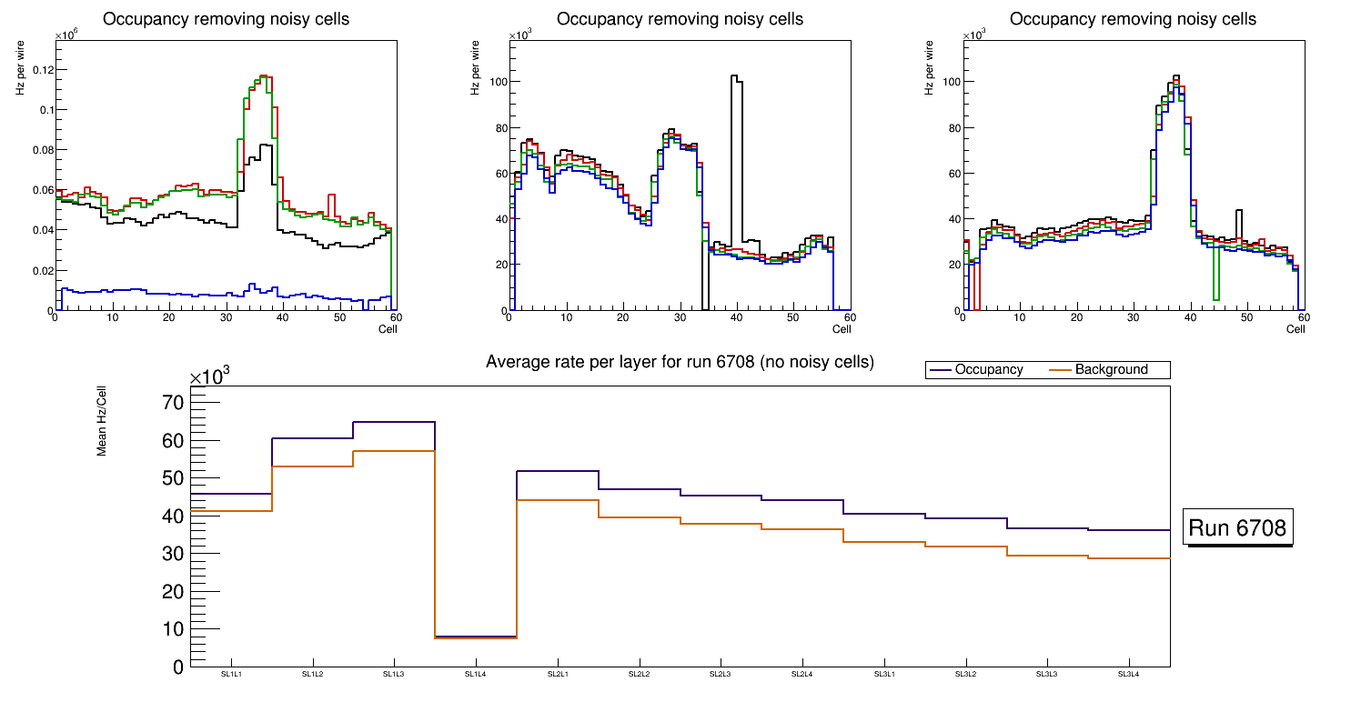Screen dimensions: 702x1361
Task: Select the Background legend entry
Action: click(1111, 370)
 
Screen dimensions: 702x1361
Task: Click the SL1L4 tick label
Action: click(476, 674)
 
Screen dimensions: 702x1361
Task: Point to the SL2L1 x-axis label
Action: click(558, 674)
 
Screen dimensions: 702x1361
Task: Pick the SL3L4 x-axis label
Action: click(1129, 674)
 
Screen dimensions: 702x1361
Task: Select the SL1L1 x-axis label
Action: click(231, 674)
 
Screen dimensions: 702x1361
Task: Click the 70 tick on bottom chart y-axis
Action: click(173, 403)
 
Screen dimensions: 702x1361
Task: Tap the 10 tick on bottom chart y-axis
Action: click(173, 628)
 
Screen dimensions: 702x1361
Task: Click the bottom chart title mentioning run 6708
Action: click(680, 362)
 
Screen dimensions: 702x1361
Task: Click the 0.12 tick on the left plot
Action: click(42, 70)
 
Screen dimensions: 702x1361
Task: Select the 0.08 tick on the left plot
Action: click(42, 150)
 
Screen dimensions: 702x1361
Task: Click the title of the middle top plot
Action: click(680, 19)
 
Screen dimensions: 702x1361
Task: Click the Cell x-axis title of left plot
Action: click(388, 329)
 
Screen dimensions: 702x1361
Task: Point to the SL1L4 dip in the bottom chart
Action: click(476, 637)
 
